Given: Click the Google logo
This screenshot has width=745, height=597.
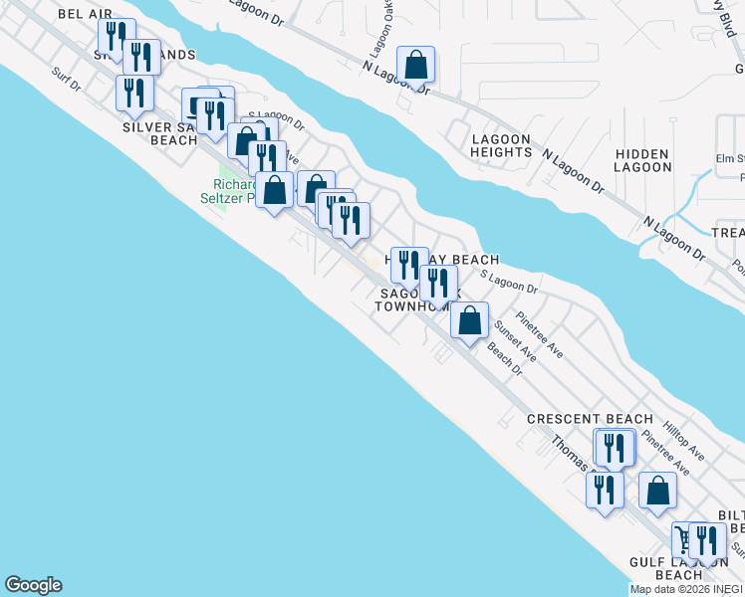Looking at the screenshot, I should pos(33,585).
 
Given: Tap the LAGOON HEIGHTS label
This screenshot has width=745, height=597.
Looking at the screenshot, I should pos(501,146).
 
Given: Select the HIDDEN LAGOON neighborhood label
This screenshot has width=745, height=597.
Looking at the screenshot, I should pos(642,160).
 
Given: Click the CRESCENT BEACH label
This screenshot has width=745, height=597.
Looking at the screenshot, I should pos(590,419).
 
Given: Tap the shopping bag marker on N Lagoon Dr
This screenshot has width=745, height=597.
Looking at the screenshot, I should pos(417,66).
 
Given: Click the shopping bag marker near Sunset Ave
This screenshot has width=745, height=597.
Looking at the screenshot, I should pos(470,320).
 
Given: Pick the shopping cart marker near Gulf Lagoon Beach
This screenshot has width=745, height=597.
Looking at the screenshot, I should pos(683,539).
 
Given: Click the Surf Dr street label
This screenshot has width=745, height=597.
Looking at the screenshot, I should pos(66,79).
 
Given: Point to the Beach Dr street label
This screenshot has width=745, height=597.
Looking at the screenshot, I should pos(505,359).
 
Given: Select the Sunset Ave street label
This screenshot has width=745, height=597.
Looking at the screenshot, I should pos(515,338).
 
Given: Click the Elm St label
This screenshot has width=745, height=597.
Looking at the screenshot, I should pos(731,158).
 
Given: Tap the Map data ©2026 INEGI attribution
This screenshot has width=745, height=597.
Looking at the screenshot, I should pos(686,589).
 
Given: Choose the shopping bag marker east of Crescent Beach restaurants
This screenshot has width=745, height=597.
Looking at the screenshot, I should pos(657,491).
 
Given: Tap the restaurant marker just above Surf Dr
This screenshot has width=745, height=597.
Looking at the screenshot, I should pos(134,93).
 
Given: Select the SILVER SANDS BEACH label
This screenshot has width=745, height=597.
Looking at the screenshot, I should pos(159,133).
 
